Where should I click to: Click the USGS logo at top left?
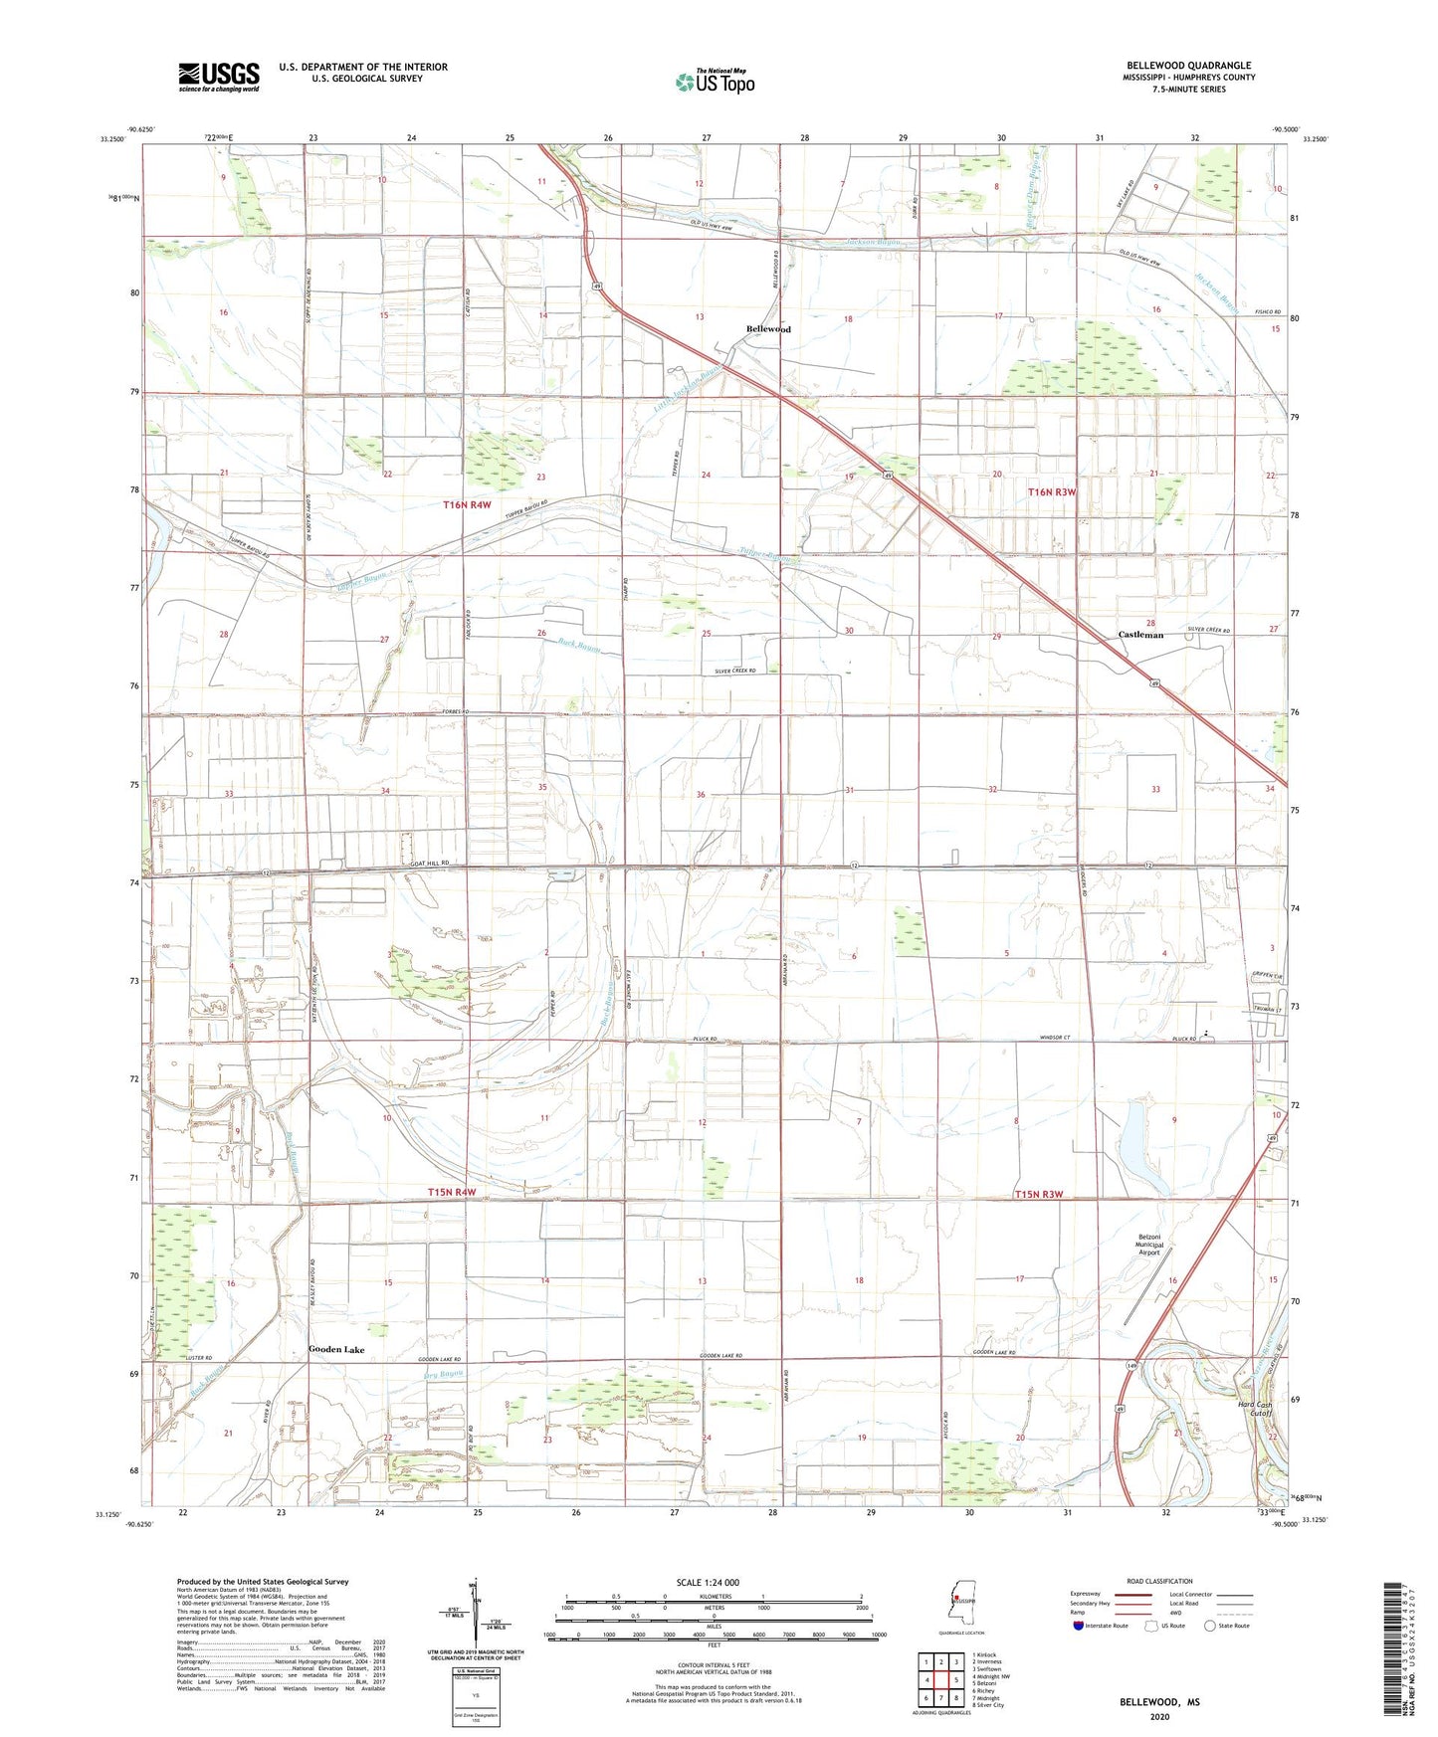219,77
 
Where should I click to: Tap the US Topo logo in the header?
714,82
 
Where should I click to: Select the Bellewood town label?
768,328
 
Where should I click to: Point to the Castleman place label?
1140,634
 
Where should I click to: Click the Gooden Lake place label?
336,1350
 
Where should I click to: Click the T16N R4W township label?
468,505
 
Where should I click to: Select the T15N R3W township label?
1039,1194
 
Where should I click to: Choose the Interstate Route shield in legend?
1079,1626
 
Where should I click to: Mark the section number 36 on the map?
701,794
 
